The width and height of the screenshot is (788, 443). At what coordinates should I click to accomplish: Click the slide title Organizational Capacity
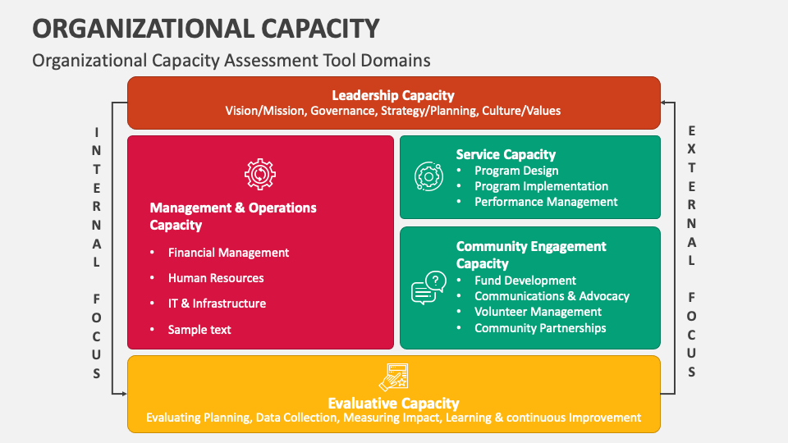[x=205, y=28]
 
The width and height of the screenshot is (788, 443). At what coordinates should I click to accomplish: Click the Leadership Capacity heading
[x=392, y=95]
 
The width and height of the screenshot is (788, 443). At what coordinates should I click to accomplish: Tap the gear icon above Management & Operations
[x=260, y=174]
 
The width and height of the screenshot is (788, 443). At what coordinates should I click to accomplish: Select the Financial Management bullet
[x=228, y=253]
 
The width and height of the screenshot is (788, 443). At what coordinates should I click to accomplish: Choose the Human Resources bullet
[x=216, y=278]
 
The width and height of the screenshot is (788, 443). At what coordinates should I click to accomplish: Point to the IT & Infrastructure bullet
[x=217, y=304]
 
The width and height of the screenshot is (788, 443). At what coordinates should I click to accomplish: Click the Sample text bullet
[x=199, y=330]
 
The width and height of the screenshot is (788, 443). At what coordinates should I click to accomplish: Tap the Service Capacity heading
[x=506, y=154]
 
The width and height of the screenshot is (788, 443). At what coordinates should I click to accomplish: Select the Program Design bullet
[x=516, y=171]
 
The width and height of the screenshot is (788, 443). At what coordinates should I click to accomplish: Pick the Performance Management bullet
[x=546, y=202]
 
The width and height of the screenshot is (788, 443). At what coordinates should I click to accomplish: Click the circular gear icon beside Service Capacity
[x=428, y=176]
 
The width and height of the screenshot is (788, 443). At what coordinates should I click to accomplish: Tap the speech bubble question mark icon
[x=428, y=288]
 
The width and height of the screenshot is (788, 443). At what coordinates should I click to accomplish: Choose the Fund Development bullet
[x=525, y=281]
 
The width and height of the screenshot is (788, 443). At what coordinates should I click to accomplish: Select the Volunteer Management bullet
[x=538, y=312]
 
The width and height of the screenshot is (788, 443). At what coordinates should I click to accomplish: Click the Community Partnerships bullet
[x=540, y=328]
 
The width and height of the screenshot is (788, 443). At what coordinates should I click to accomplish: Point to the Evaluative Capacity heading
[x=393, y=403]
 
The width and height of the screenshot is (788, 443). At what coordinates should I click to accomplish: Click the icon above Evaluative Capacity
[x=393, y=377]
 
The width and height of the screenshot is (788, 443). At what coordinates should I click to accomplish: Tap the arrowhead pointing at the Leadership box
[x=665, y=103]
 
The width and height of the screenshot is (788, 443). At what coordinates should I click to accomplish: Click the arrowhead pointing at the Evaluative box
[x=123, y=394]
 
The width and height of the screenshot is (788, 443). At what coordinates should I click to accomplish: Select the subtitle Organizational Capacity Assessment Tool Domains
[x=231, y=60]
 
